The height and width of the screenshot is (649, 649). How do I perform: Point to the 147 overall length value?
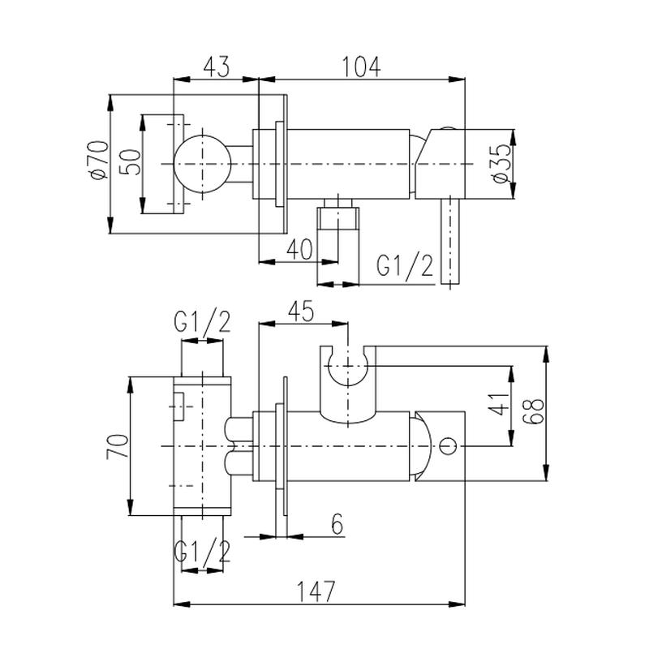click(x=316, y=591)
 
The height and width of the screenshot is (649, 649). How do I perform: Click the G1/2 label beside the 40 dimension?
click(x=404, y=265)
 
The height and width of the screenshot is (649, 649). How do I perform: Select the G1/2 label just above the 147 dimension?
click(x=201, y=552)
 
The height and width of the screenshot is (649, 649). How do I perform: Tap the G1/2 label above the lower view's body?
click(x=201, y=323)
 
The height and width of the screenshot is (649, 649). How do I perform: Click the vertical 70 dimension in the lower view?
click(x=118, y=446)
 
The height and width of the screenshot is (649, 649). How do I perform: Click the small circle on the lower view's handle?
click(x=449, y=445)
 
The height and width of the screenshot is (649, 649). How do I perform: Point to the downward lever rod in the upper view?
click(x=449, y=243)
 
